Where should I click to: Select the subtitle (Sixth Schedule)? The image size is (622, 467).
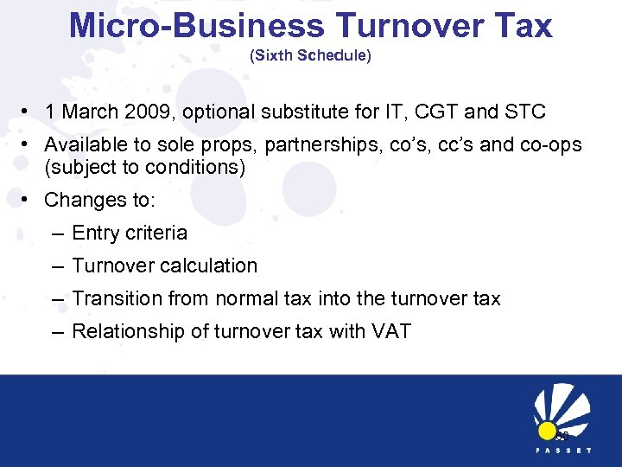pos(310,56)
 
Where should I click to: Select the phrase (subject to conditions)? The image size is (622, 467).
pos(144,167)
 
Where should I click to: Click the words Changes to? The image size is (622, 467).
pos(99,200)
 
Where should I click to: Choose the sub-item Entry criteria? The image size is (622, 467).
pos(130,233)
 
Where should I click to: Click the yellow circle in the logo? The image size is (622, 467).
pos(546,431)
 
